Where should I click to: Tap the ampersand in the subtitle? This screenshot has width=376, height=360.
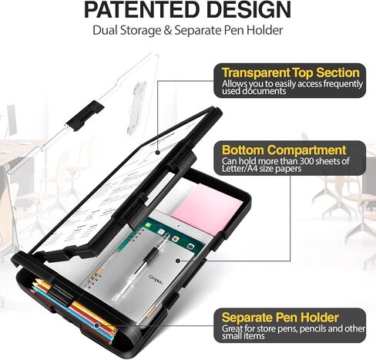(x=167, y=30)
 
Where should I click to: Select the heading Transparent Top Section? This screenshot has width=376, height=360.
(x=290, y=72)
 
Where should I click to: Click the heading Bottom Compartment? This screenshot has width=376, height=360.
(x=284, y=150)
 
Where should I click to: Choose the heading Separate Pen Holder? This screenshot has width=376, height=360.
(x=280, y=318)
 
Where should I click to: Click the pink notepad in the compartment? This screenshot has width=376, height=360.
(x=208, y=206)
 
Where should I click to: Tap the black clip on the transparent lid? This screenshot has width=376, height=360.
(x=85, y=116)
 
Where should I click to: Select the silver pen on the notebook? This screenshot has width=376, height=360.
(x=140, y=267)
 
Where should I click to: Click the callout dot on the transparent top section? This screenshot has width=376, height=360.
(x=158, y=153)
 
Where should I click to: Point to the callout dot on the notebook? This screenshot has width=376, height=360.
(x=178, y=261)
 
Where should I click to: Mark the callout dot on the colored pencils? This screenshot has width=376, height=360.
(x=97, y=325)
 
